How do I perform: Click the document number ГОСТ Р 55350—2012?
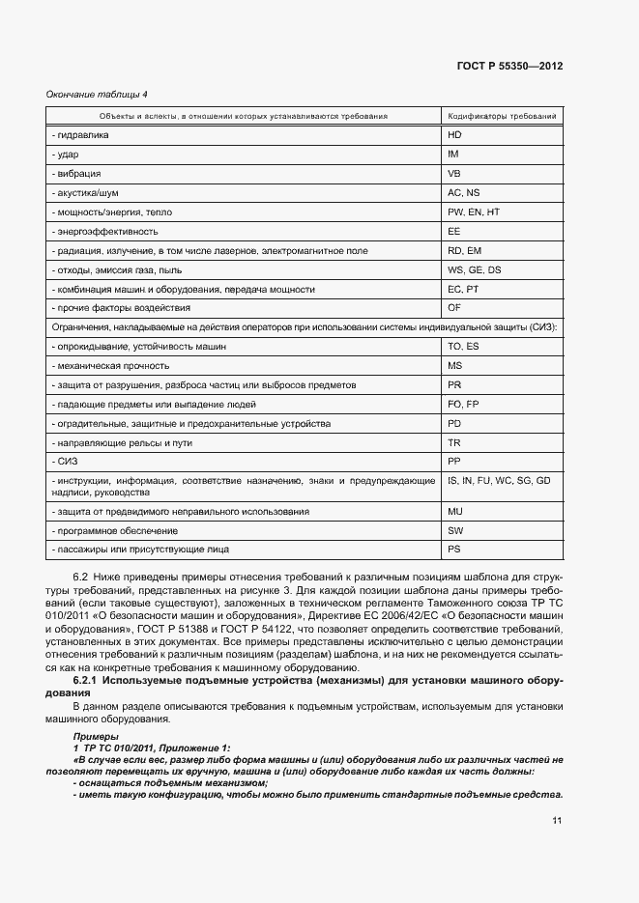(x=509, y=67)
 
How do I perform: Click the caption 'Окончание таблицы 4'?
(x=98, y=94)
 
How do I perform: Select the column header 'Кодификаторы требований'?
(x=501, y=116)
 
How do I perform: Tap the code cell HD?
(x=455, y=135)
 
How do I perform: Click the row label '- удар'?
(x=65, y=155)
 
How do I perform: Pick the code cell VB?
(x=454, y=174)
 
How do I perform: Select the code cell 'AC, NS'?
(x=463, y=193)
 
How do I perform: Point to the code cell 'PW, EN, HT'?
(x=473, y=212)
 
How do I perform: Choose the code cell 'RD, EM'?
(x=464, y=251)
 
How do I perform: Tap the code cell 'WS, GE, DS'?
(x=474, y=269)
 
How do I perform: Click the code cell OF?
(x=454, y=308)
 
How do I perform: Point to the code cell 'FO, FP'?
(x=463, y=404)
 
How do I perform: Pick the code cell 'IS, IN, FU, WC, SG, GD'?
(x=499, y=480)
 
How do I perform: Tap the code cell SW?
(x=455, y=530)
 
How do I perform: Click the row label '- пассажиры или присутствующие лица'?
(x=139, y=550)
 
